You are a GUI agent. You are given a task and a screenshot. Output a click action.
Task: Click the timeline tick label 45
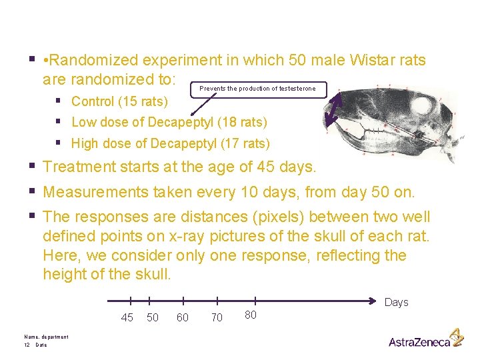point(127,317)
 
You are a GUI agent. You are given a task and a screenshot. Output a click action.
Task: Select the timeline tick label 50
point(153,317)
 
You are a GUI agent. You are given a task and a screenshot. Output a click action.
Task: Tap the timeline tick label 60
point(182,317)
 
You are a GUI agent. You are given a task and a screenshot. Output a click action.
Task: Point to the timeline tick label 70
point(217,318)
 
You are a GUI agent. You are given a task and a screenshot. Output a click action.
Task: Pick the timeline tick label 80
point(250,314)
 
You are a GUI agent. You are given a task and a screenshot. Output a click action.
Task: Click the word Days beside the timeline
point(396,302)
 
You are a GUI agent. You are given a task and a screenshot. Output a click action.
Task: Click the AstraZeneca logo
point(425,339)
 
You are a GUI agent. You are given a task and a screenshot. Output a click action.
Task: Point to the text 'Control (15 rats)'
point(119,102)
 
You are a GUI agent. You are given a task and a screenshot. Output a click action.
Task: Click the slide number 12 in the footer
point(26,345)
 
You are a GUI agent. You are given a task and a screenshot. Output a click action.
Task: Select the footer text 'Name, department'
point(45,337)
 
